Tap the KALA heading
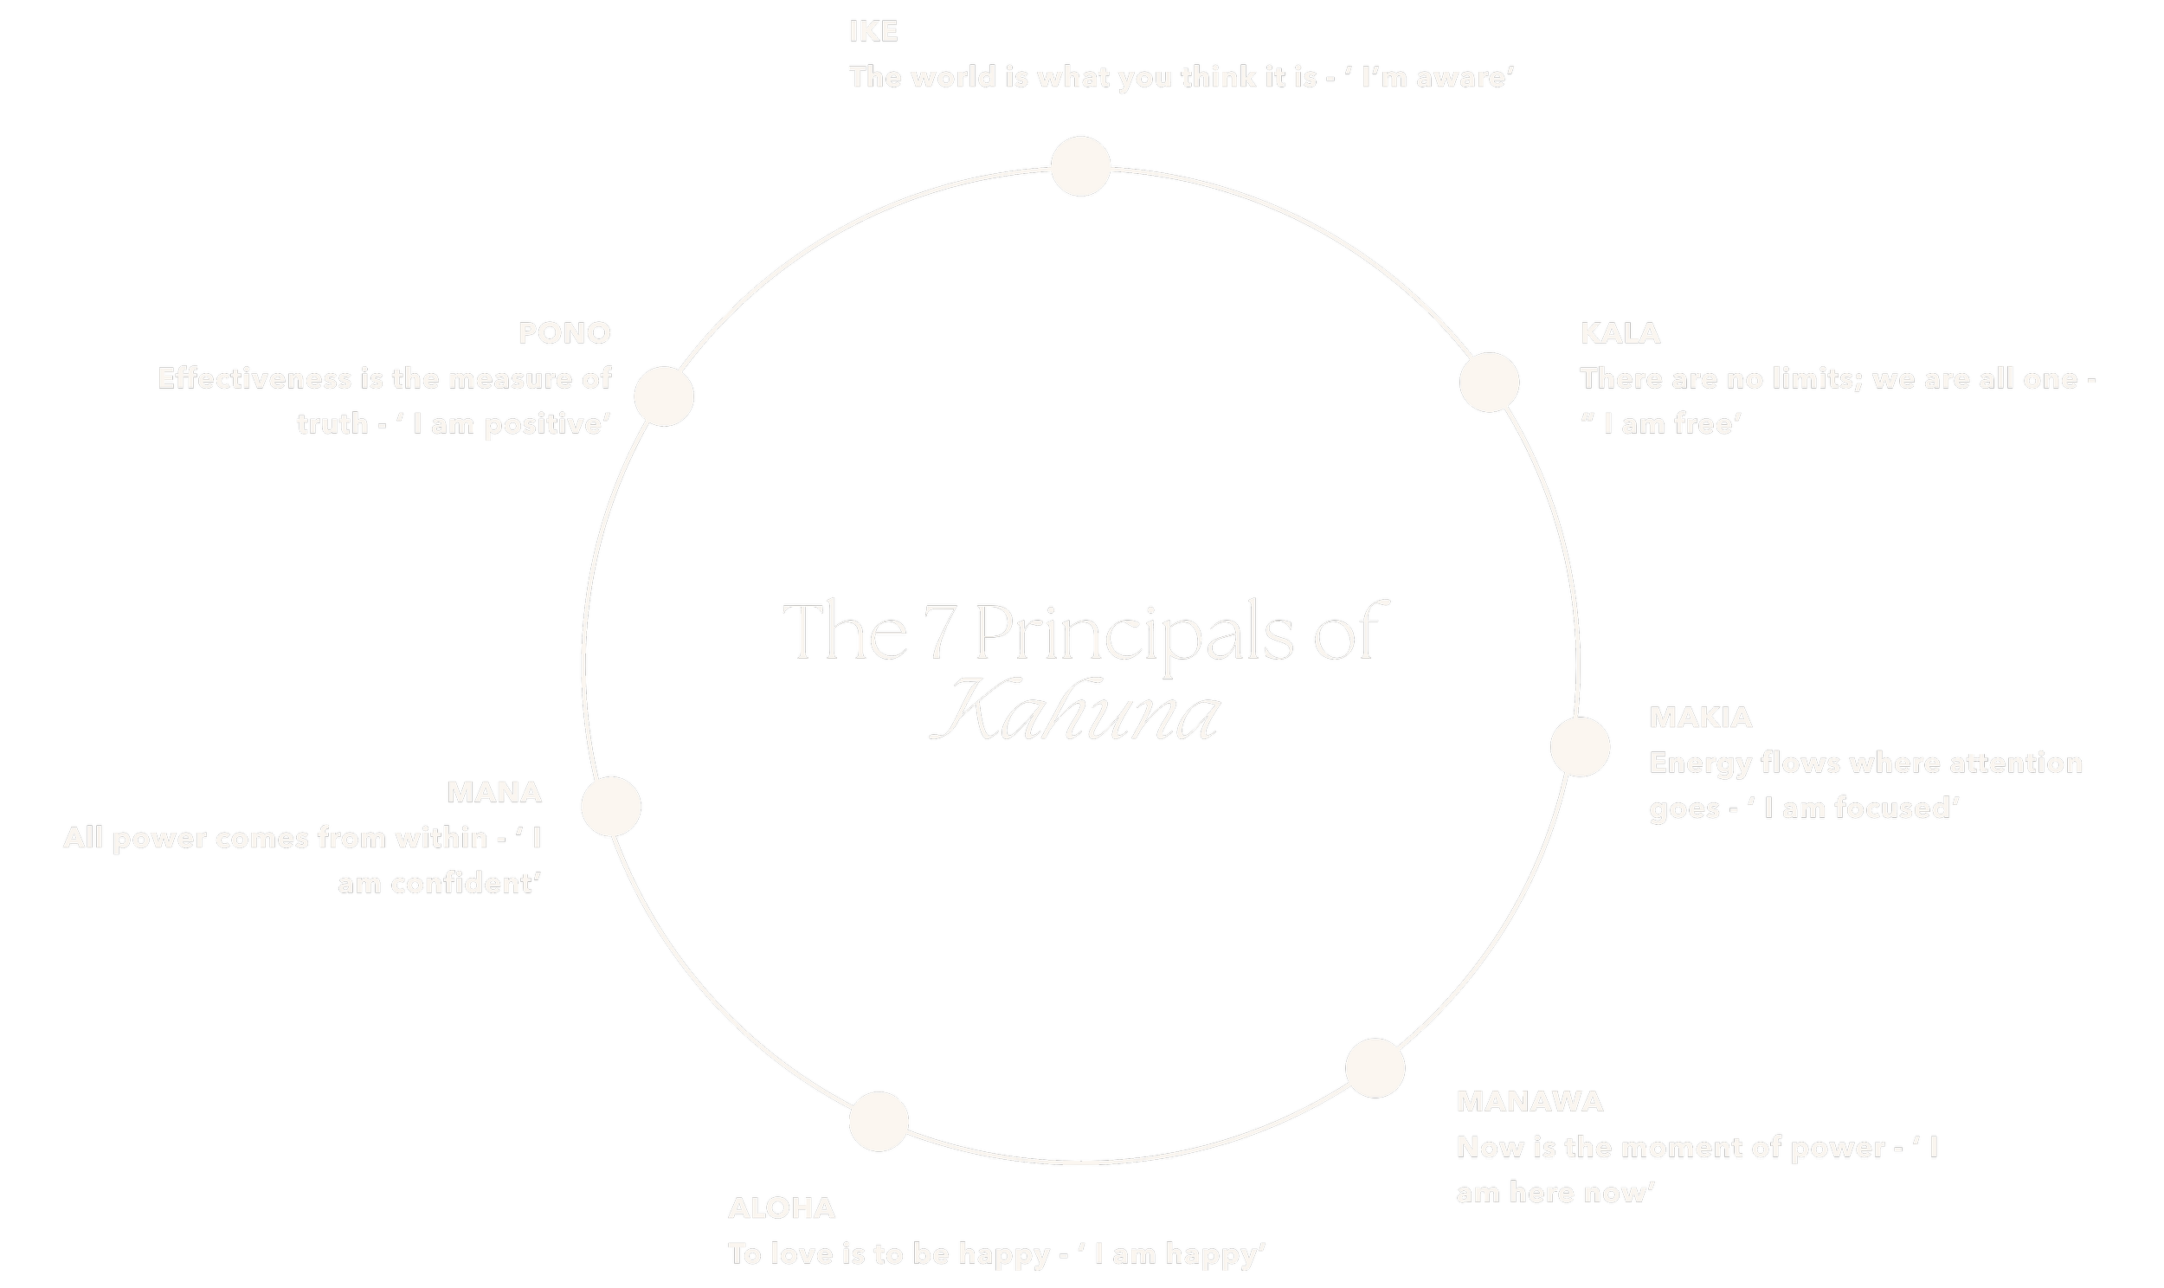pos(1620,333)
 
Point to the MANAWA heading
pos(1529,1101)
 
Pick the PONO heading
pos(565,333)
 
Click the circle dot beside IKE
pos(1080,166)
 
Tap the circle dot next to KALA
pos(1489,382)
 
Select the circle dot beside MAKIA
pos(1579,746)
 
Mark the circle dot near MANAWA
pos(1375,1067)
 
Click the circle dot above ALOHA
pos(878,1121)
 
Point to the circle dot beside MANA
pos(611,807)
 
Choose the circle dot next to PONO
pos(664,396)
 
